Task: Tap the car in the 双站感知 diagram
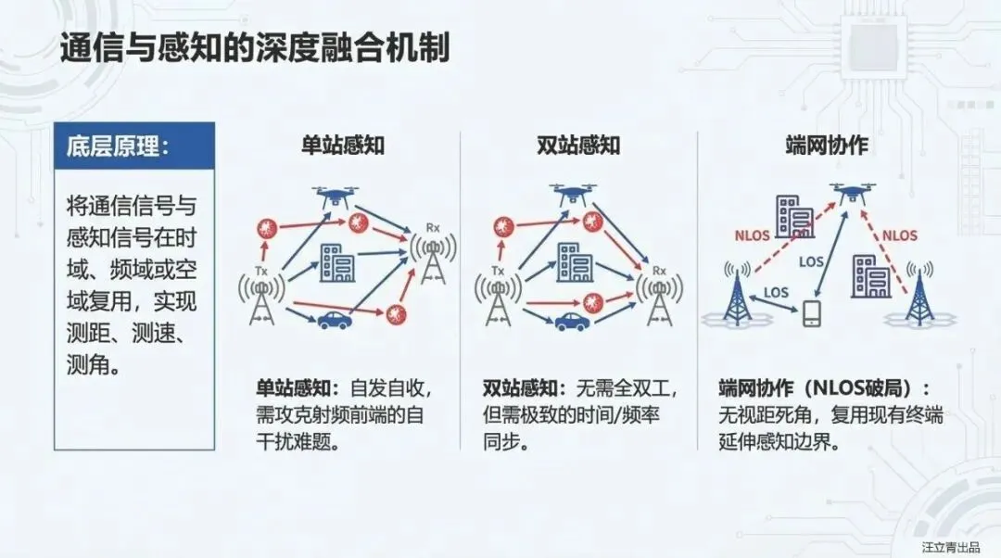[572, 322]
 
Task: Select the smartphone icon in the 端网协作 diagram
[812, 314]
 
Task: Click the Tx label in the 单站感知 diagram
[262, 271]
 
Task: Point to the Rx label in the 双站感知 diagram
[660, 271]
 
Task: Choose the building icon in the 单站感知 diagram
[336, 262]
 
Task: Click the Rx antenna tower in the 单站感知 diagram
[431, 255]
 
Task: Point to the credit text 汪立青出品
[950, 546]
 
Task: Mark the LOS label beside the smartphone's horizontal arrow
[776, 293]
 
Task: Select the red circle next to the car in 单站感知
[398, 312]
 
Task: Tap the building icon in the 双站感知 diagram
[574, 262]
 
